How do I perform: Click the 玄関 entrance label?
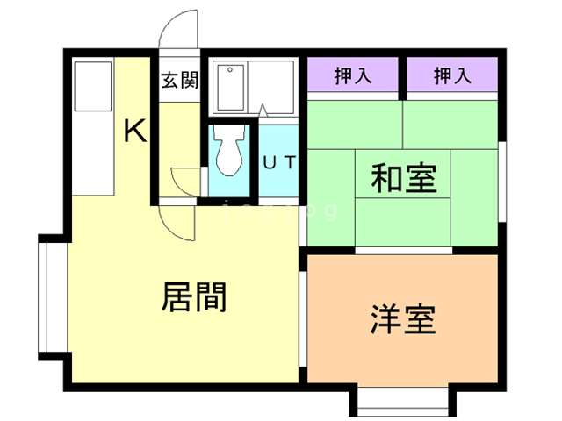pyautogui.click(x=179, y=80)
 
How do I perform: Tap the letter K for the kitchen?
pyautogui.click(x=134, y=132)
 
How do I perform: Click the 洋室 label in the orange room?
pyautogui.click(x=403, y=320)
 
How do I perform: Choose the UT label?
pyautogui.click(x=280, y=161)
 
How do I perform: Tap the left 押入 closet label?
pyautogui.click(x=353, y=76)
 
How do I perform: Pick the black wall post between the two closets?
pyautogui.click(x=403, y=76)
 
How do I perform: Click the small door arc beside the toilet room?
pyautogui.click(x=187, y=182)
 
